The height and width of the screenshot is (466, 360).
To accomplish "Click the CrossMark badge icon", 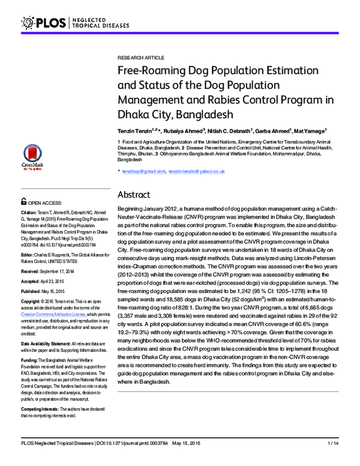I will (x=31, y=157).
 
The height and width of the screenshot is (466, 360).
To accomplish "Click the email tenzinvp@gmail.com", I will (x=143, y=172).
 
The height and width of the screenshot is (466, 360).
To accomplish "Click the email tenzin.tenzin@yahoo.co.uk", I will (x=196, y=172).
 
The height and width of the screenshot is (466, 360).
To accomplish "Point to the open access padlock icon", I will (x=23, y=202).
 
